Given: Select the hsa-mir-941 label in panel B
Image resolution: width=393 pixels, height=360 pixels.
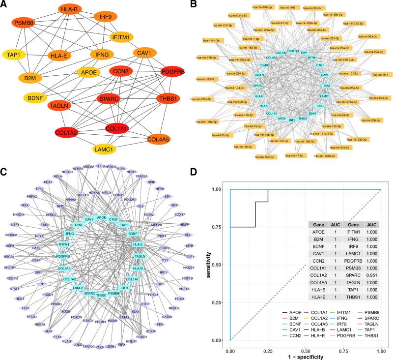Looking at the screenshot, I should pyautogui.click(x=381, y=75).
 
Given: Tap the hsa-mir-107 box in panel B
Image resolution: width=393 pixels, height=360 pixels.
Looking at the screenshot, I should pyautogui.click(x=289, y=8).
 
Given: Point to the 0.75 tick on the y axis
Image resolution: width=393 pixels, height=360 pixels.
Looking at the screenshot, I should pyautogui.click(x=220, y=227).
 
